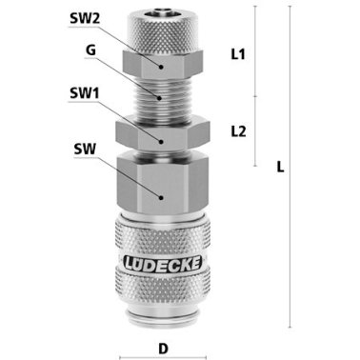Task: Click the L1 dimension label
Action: click(x=240, y=54)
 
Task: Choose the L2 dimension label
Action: click(x=240, y=132)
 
